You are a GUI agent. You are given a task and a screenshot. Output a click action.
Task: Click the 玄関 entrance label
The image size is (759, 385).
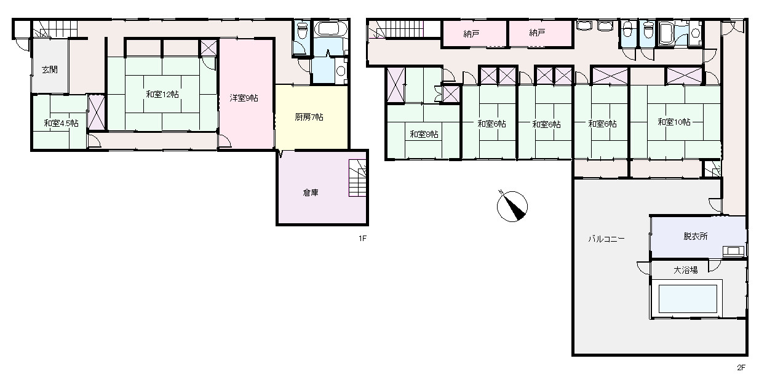point(49,70)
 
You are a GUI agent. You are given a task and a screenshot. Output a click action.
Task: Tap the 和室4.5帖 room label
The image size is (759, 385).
point(61,123)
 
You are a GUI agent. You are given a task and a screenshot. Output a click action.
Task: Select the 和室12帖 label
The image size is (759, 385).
point(162,94)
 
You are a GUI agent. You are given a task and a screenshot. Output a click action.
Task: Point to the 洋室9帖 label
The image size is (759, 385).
point(244,98)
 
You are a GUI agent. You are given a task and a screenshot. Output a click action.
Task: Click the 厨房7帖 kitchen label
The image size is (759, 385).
point(309,117)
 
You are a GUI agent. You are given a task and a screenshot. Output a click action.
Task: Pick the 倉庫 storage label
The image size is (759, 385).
point(311,193)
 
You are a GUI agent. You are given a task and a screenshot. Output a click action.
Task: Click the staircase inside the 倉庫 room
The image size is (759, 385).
point(357,178)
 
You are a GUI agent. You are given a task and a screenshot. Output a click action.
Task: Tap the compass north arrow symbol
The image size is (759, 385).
point(512,206)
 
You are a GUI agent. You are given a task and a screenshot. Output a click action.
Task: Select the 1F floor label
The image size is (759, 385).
point(362,239)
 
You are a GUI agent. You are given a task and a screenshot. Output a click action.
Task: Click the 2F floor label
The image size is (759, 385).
point(741,368)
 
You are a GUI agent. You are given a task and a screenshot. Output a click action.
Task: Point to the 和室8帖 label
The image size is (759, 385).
point(424,134)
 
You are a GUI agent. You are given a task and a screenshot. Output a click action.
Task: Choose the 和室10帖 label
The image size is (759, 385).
point(674,122)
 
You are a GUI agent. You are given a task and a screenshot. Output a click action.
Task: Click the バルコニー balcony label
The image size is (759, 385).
point(606,239)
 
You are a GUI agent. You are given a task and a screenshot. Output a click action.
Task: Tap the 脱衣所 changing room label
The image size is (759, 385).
point(695,236)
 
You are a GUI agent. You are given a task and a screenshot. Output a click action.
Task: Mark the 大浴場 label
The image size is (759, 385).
point(685,270)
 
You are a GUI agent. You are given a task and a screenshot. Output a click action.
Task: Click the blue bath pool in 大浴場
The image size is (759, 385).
point(688,299)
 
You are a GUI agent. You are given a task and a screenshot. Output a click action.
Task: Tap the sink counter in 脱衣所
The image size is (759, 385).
point(733,252)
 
